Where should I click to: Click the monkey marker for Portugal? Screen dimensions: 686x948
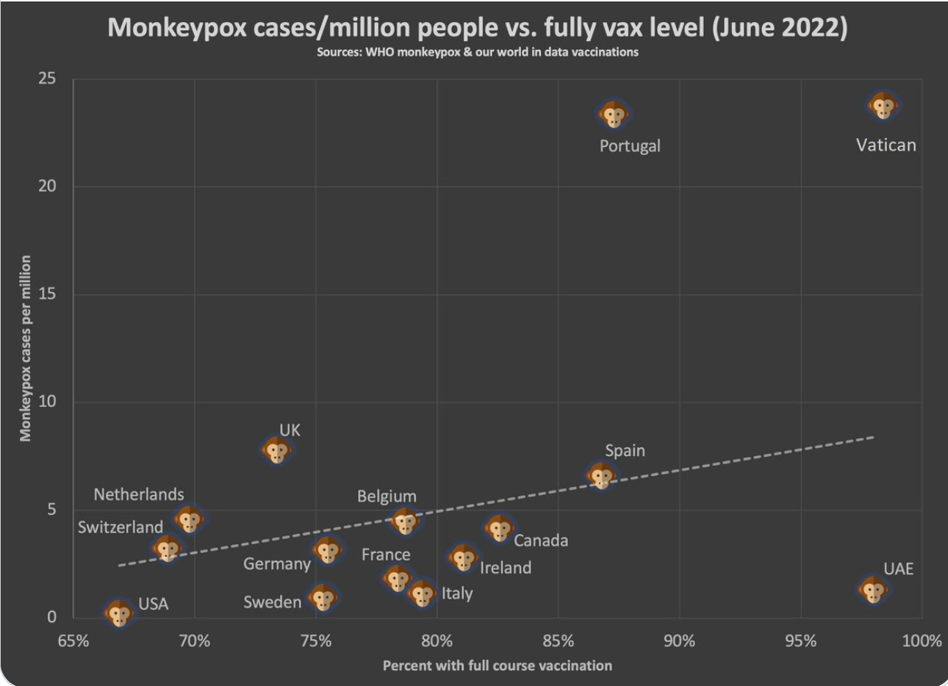point(614,115)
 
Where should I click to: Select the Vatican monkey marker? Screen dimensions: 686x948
point(883,106)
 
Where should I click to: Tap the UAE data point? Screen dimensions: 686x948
point(873,590)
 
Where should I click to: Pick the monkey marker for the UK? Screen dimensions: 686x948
point(277,450)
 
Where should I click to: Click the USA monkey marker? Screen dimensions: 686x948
point(119,613)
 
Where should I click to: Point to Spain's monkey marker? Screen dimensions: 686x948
point(602,476)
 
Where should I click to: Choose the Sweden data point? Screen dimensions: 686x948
point(323,598)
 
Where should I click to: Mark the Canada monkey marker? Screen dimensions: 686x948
point(500,528)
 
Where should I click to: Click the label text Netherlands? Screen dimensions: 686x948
point(139,494)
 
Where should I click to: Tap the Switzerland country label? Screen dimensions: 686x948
point(121,527)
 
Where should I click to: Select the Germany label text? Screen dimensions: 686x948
point(277,563)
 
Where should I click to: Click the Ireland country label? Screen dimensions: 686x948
point(506,567)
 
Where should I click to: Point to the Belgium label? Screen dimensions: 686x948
point(387,497)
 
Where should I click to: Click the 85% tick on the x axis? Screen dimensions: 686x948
point(558,640)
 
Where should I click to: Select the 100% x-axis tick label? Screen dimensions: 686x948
point(922,640)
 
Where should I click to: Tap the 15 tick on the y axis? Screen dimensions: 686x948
point(48,294)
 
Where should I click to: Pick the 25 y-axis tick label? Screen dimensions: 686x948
point(48,78)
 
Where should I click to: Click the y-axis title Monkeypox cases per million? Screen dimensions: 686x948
point(26,348)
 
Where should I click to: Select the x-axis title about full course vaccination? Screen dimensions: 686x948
point(497,665)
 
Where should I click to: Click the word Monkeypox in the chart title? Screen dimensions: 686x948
point(176,28)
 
